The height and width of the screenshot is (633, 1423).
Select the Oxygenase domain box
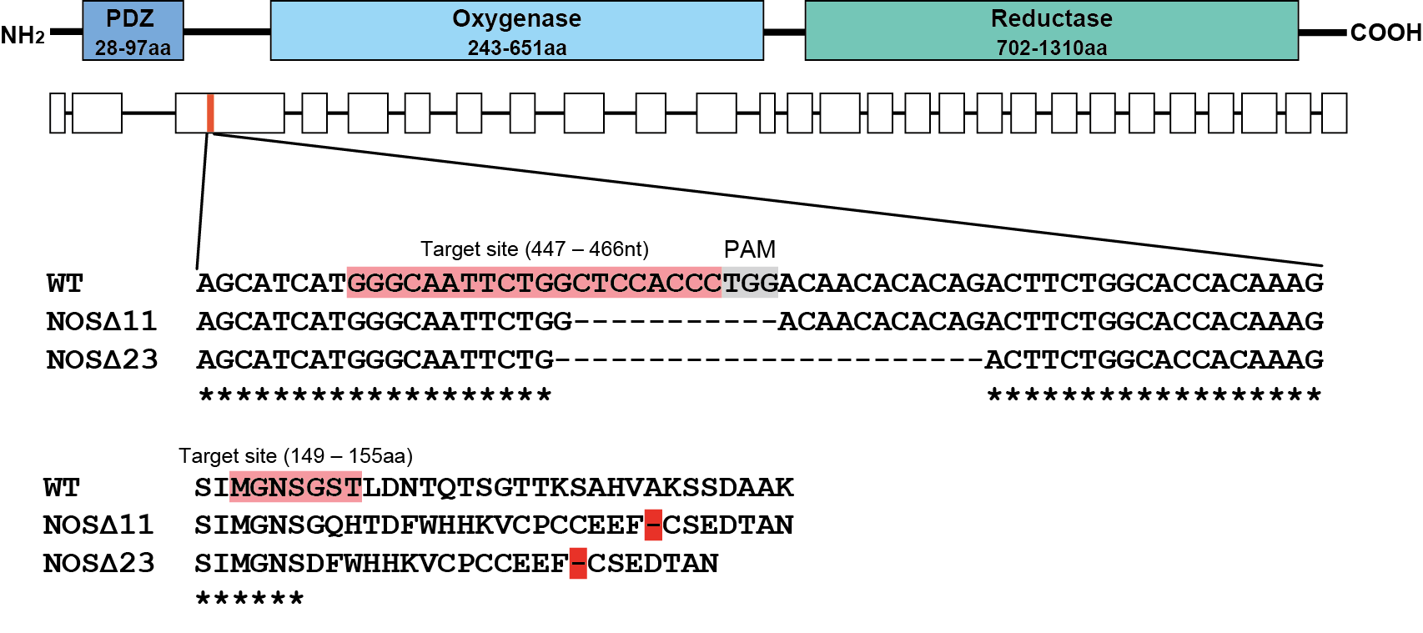[x=516, y=31]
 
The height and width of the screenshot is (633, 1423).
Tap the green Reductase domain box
[x=1051, y=31]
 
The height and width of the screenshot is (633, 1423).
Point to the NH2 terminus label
[x=23, y=35]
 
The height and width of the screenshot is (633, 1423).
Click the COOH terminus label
[x=1385, y=33]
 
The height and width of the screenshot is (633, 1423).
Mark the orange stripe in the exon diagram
[x=211, y=113]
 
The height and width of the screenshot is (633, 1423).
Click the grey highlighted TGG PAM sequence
[x=750, y=283]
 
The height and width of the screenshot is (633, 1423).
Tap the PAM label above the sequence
[x=749, y=249]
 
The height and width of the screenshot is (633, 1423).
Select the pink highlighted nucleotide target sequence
[x=534, y=283]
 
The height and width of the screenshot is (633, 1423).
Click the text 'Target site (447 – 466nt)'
[x=534, y=249]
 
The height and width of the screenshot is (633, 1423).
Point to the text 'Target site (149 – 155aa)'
[x=295, y=456]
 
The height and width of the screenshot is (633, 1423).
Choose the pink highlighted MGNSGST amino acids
[x=295, y=487]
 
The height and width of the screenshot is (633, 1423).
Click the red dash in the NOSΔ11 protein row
[x=653, y=525]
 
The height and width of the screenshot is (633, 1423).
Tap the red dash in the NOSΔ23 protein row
[x=578, y=564]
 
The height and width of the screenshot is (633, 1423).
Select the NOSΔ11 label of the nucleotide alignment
[x=102, y=321]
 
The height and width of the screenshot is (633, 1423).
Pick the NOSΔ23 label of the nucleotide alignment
[x=102, y=359]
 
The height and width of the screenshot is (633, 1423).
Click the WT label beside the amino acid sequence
[x=62, y=487]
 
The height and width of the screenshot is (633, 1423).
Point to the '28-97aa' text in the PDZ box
[x=133, y=48]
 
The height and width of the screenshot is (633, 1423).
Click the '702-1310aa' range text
[x=1051, y=48]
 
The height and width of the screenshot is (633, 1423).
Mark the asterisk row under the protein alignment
[x=249, y=599]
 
